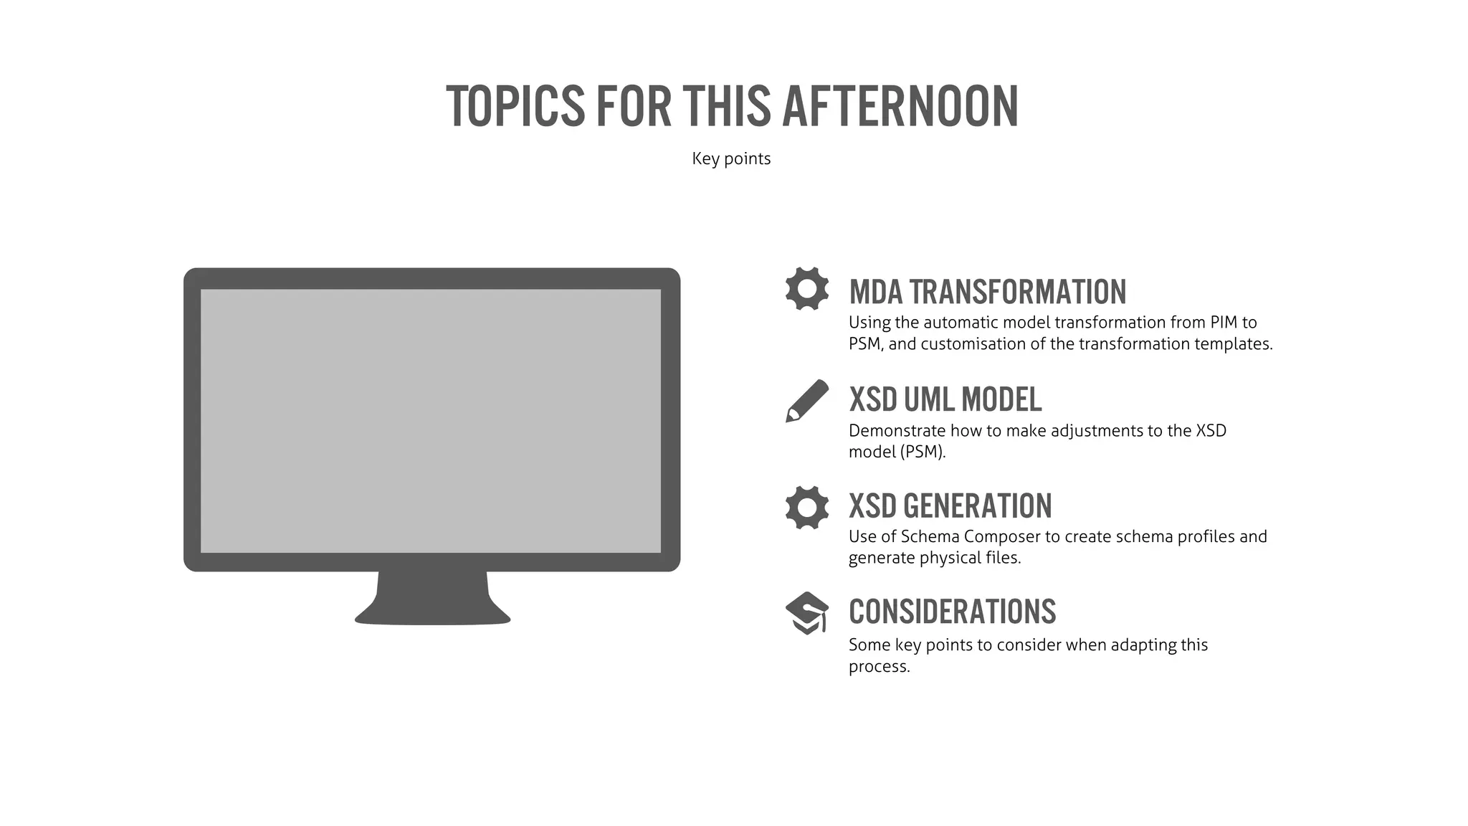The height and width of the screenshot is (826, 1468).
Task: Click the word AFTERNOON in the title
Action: point(900,107)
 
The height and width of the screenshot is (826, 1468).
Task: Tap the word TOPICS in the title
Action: point(515,107)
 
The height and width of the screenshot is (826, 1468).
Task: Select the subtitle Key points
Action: point(731,158)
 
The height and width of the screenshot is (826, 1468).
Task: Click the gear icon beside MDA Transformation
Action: point(807,288)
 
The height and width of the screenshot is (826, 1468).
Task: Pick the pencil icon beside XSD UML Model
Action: point(806,400)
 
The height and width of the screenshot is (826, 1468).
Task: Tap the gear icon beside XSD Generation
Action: point(807,508)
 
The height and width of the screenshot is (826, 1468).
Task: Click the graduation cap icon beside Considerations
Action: point(807,613)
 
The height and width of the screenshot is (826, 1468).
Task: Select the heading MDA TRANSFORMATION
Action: point(987,292)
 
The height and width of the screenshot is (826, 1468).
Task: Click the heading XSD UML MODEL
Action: point(945,399)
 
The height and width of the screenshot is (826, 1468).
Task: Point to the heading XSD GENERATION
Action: point(950,506)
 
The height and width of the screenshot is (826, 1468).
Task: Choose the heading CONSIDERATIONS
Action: point(952,612)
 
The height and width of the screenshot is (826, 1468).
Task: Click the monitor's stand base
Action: point(432,609)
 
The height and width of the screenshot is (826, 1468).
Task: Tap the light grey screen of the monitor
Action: point(430,421)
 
